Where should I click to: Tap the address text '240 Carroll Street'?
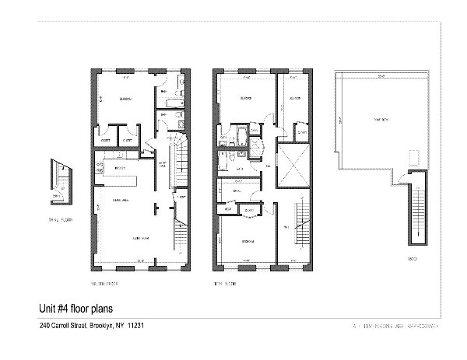click(x=63, y=327)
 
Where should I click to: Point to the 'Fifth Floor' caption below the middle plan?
click(x=226, y=284)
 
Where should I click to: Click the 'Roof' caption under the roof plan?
click(x=413, y=259)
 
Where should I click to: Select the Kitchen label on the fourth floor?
click(x=120, y=168)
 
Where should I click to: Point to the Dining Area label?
click(x=121, y=201)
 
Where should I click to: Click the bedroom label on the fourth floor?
click(x=124, y=100)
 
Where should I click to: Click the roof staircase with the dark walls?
click(x=417, y=210)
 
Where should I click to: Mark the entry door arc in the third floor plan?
click(x=59, y=188)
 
